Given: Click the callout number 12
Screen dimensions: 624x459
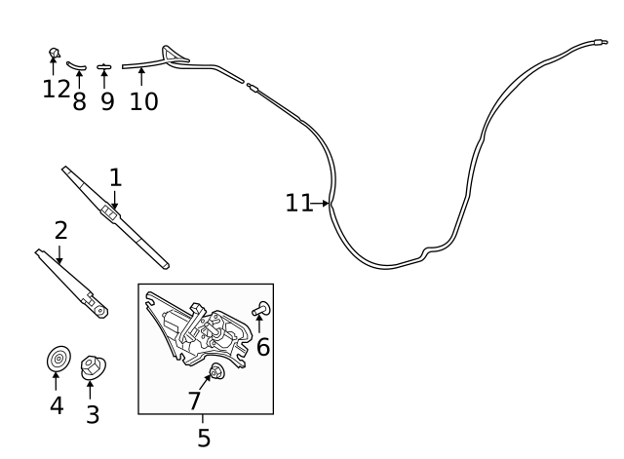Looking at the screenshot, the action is [57, 89].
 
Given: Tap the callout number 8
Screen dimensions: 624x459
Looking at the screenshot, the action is [79, 101].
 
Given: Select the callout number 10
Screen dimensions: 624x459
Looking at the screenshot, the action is [143, 101].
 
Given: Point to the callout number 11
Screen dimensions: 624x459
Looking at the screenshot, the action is [298, 203].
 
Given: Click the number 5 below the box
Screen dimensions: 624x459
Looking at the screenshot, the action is [204, 438].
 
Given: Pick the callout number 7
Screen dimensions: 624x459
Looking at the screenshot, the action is [194, 401].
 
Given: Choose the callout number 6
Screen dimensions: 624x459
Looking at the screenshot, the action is [263, 347].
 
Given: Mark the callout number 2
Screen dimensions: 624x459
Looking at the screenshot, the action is [60, 230].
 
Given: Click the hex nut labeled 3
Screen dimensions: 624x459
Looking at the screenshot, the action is [94, 367].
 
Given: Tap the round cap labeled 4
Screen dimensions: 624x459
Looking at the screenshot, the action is [58, 359].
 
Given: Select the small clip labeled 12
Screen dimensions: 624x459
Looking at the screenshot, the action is [55, 53].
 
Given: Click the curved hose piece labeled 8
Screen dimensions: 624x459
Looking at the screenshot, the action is [76, 65].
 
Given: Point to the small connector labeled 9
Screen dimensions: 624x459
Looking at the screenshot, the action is [104, 67].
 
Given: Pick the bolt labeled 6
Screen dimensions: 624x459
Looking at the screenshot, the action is [261, 309].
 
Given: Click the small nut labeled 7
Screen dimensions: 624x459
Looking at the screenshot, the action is [216, 371].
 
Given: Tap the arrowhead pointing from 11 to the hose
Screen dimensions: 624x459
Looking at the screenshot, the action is [326, 204].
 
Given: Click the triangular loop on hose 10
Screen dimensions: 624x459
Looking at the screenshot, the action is [174, 56].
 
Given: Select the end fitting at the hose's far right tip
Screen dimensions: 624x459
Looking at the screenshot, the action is [601, 42].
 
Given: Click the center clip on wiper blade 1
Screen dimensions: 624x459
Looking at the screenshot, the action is [110, 212].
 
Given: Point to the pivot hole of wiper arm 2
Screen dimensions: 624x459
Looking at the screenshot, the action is [100, 310].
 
